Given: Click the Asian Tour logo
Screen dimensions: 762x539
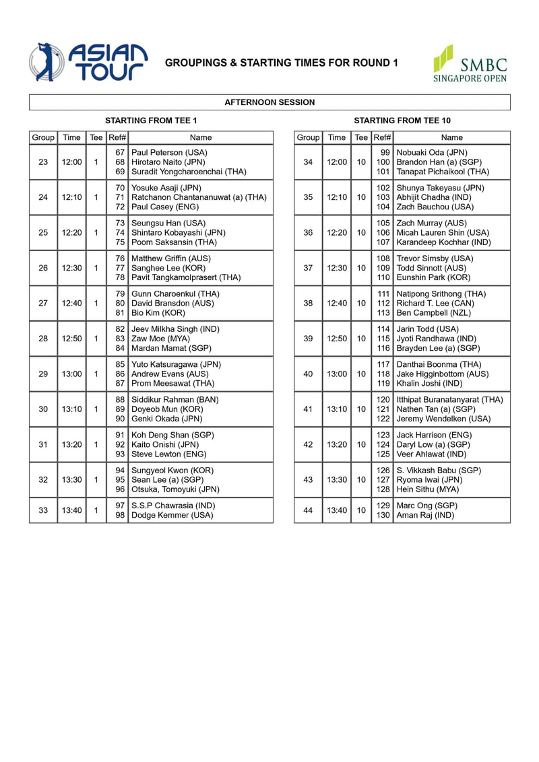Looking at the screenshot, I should (88, 63).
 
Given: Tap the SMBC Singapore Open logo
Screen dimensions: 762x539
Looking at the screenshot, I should (470, 63).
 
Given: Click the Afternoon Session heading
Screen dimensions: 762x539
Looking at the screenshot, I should (269, 102).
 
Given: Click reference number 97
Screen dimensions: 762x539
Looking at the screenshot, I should (120, 506).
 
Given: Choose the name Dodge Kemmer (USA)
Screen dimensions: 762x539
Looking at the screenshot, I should (172, 515).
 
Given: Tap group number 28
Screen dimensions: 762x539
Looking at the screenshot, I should (43, 339).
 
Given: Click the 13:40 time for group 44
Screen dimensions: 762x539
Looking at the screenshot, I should (337, 510).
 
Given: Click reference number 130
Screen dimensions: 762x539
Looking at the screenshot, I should (383, 515).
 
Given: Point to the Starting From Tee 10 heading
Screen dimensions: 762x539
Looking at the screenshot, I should (402, 120).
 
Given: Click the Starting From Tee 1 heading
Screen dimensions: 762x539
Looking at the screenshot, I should (151, 120).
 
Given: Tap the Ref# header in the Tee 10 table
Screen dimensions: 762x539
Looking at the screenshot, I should (383, 137).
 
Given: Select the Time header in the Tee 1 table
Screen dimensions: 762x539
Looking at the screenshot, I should (71, 137).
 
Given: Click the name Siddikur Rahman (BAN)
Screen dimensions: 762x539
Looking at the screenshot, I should (175, 400).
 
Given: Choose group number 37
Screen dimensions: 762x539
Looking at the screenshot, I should (308, 268).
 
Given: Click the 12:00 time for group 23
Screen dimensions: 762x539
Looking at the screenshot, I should (71, 162).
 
